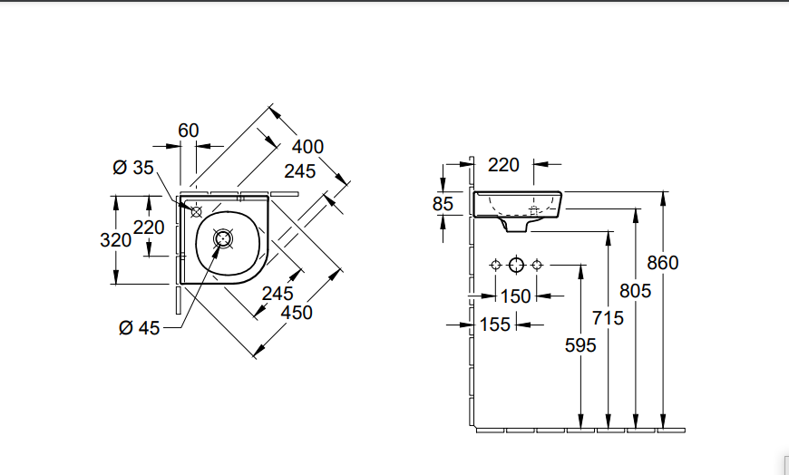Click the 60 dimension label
click(x=189, y=131)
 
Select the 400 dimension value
click(x=308, y=147)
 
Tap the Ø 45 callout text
click(x=139, y=328)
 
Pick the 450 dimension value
click(x=297, y=312)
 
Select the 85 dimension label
click(x=443, y=204)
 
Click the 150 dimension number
click(x=515, y=296)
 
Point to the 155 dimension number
click(x=495, y=325)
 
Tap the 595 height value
click(x=580, y=345)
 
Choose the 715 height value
click(x=608, y=318)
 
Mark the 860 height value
click(x=663, y=263)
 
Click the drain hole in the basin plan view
click(x=223, y=239)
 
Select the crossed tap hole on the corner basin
click(x=196, y=209)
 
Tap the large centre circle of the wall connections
click(x=516, y=265)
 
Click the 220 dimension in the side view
click(x=503, y=165)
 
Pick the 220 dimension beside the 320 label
click(x=150, y=228)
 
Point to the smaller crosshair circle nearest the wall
click(x=495, y=265)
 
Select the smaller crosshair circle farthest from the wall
click(x=537, y=265)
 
